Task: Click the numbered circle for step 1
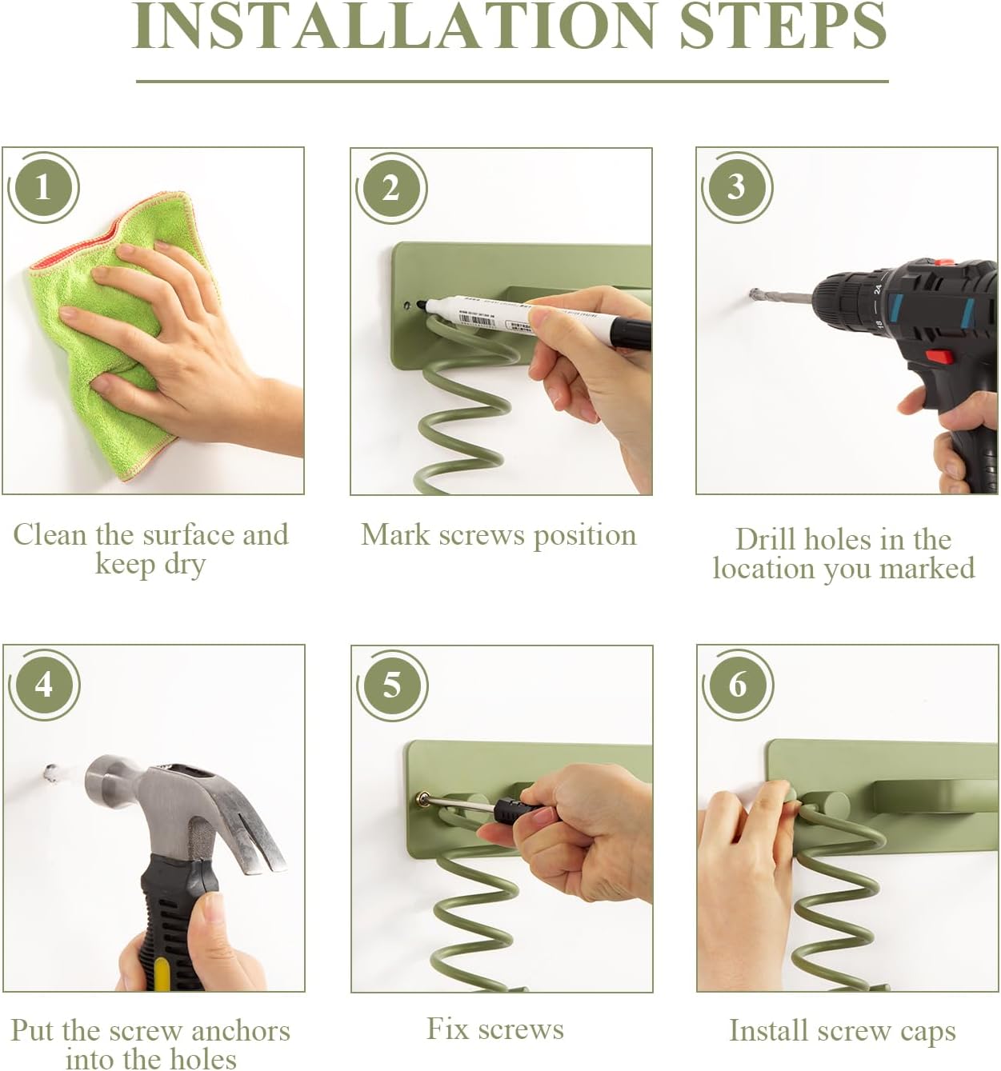43,188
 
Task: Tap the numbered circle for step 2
391,188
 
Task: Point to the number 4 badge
44,685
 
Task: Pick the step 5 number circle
392,685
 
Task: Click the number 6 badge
738,685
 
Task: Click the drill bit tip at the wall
753,294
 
